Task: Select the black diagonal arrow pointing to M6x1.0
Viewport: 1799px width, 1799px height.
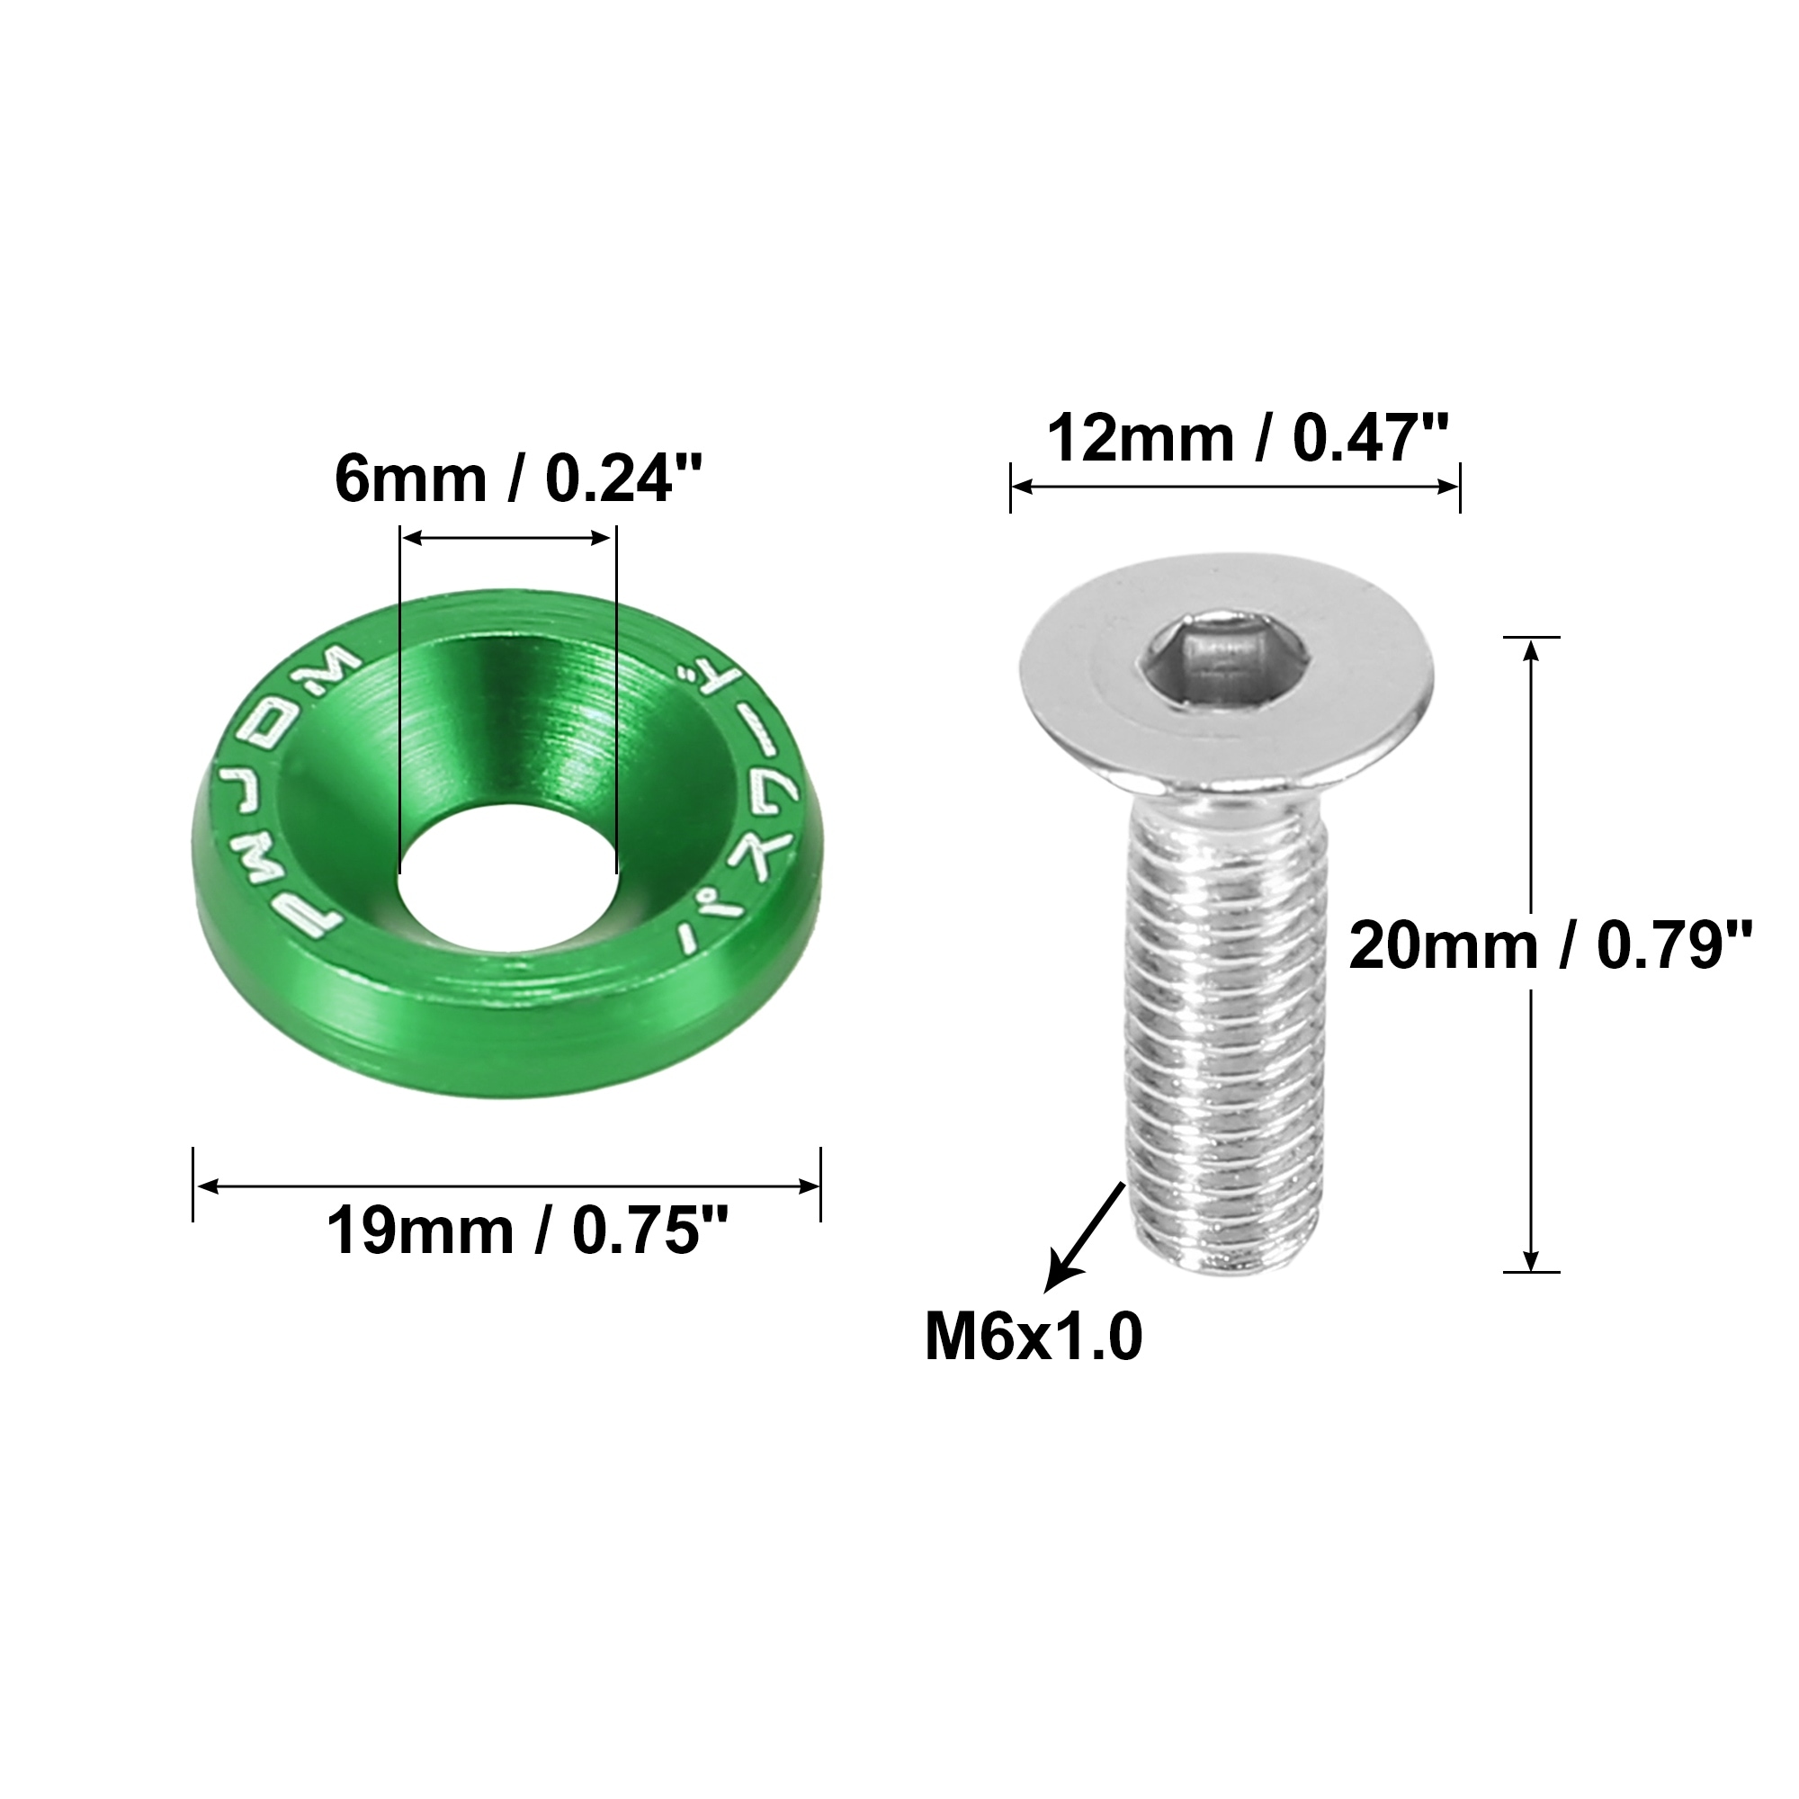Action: coord(1085,1236)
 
